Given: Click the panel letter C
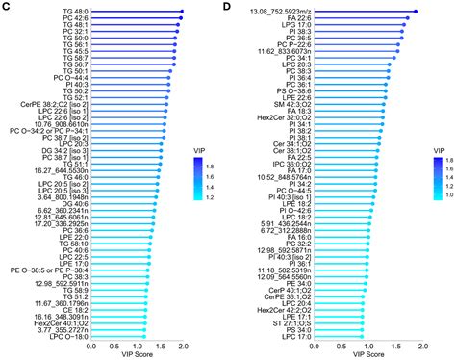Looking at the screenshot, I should (7, 7).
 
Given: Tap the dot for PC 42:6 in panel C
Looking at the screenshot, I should (181, 19).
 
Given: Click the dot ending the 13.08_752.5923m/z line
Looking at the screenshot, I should (415, 12).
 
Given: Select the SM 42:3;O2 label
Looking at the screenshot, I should (292, 103).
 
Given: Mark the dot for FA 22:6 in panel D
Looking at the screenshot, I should (408, 18).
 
